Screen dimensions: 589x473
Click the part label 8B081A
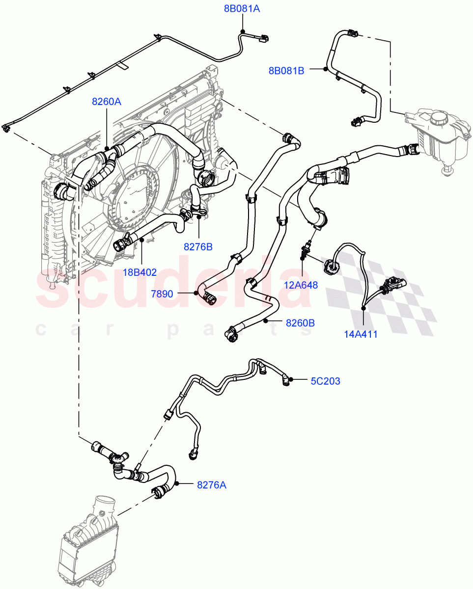coord(242,8)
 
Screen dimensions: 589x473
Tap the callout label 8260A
coord(107,102)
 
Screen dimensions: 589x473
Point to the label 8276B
coord(198,247)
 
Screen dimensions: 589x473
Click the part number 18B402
coord(140,272)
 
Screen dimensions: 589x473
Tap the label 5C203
coord(325,381)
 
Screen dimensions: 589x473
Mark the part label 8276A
coord(212,485)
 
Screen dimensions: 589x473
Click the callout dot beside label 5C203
coord(291,379)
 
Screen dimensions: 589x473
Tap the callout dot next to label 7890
coord(196,293)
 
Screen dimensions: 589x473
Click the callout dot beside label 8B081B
coord(325,70)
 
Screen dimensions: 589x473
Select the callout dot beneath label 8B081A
coord(242,32)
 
